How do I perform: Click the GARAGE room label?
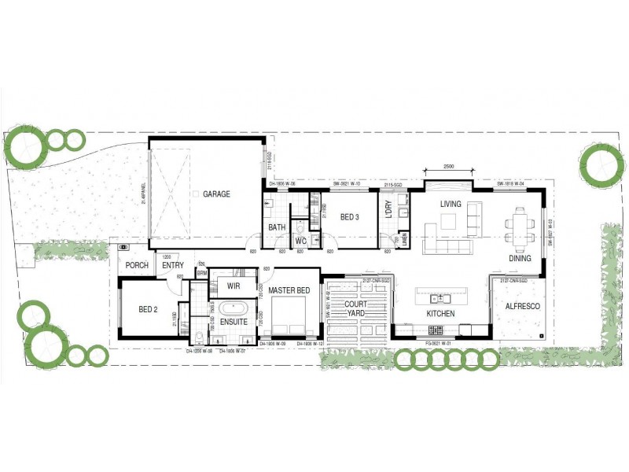(216, 194)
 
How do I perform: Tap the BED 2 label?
(149, 309)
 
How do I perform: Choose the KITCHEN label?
(440, 314)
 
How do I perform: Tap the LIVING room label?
(451, 204)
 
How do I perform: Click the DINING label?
(520, 258)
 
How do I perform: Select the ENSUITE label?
(234, 323)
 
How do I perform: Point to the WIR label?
(234, 286)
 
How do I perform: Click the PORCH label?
(137, 265)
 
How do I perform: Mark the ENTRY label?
(173, 265)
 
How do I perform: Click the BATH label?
(277, 228)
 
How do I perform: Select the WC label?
(300, 241)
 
